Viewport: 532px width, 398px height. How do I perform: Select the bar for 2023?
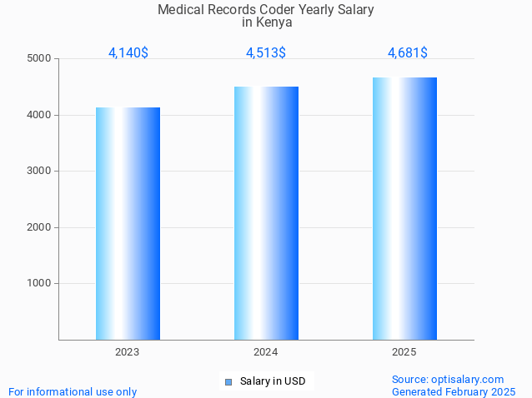[128, 223]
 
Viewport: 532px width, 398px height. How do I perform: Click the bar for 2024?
[266, 213]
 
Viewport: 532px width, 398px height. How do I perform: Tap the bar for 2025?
[404, 208]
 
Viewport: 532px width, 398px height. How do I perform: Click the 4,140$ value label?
[128, 52]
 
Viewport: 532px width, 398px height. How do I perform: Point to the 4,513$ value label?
[266, 52]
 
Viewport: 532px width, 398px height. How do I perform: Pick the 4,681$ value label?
[408, 52]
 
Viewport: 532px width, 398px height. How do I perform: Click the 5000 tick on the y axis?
[39, 58]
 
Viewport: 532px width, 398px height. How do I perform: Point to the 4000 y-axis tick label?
[39, 115]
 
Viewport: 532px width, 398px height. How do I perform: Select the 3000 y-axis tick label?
[39, 171]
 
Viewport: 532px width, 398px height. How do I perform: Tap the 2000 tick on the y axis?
[39, 227]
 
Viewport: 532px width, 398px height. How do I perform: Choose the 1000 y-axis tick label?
[39, 283]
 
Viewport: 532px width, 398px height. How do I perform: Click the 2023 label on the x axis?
[128, 352]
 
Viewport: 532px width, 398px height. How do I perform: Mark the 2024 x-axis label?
[266, 352]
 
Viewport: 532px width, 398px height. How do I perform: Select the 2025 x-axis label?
[404, 352]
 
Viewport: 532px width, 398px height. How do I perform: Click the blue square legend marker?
[228, 382]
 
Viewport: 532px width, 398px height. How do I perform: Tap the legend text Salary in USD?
[273, 381]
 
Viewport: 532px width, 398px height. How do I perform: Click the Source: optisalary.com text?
[448, 379]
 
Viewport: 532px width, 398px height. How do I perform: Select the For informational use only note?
[73, 391]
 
